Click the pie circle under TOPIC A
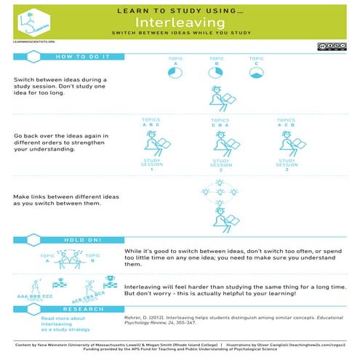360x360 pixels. [x=174, y=71]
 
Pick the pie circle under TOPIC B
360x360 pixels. [x=215, y=71]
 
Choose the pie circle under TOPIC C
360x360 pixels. [x=255, y=71]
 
